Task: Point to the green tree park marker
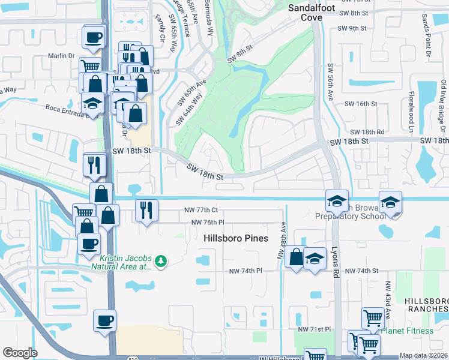coord(160,261)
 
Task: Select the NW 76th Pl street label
coord(207,223)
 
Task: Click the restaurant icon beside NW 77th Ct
coord(146,211)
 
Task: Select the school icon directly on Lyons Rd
coord(337,201)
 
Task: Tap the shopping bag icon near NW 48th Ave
coord(296,257)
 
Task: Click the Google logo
coord(20,353)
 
